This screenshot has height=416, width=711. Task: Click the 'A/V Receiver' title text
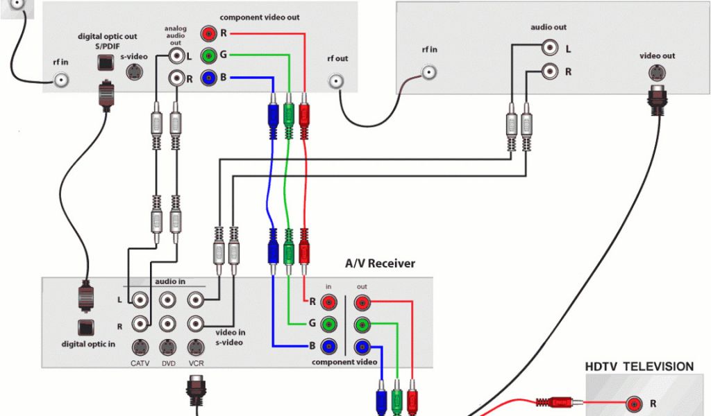380,263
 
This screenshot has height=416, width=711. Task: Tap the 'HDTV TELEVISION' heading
639,367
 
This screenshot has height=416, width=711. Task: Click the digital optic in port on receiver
87,326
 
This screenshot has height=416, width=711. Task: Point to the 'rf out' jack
338,81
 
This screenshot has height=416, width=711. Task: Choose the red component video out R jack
208,33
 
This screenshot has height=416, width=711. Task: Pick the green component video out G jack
208,55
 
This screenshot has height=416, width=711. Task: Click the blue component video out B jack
208,78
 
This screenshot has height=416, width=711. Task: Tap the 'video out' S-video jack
656,71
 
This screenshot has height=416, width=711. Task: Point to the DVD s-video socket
167,346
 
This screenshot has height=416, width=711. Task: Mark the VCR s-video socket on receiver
195,346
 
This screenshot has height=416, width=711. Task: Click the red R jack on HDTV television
633,404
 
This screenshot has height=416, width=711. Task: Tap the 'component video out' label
260,17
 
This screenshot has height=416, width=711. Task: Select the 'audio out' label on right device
549,28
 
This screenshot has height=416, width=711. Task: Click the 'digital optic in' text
89,344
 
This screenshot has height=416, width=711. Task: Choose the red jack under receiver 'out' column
362,302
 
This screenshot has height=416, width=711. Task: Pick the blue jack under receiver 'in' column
330,346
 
